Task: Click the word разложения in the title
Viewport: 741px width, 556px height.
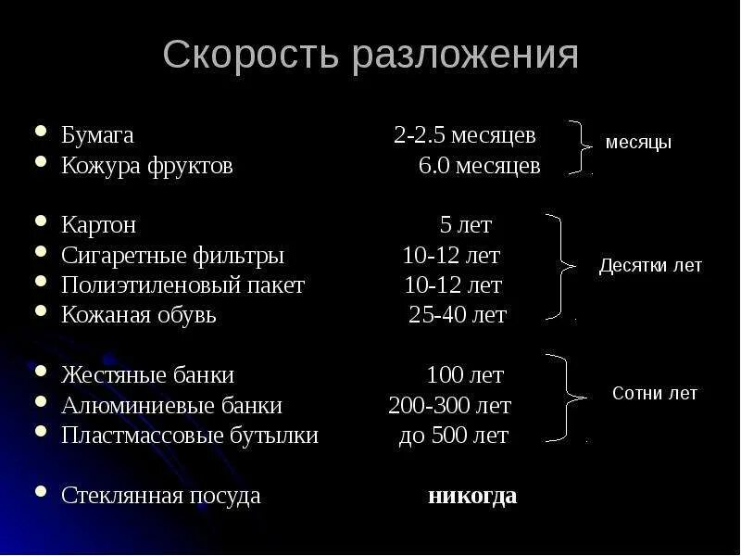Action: click(x=465, y=56)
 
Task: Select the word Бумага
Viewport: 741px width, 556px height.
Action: click(x=97, y=135)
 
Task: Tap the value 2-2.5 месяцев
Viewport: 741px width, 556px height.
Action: click(x=464, y=135)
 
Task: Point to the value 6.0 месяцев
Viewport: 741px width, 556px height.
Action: click(x=479, y=167)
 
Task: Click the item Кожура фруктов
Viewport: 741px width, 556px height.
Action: click(x=146, y=167)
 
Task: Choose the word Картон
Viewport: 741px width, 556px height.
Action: click(x=99, y=225)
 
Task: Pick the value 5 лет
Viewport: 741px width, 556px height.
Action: click(x=465, y=225)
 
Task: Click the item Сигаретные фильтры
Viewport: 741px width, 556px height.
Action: click(x=172, y=256)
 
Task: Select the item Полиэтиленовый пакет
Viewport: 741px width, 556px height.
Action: click(x=182, y=285)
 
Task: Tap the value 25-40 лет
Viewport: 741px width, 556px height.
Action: click(x=458, y=315)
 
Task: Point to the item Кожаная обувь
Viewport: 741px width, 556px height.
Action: click(x=139, y=315)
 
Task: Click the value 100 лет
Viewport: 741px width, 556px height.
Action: click(x=465, y=376)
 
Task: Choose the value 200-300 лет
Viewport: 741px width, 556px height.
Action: click(x=449, y=406)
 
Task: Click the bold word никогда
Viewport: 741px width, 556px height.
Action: click(x=472, y=496)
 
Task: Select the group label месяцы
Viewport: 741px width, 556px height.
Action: click(x=638, y=144)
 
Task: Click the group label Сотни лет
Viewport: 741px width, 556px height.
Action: click(x=655, y=394)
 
